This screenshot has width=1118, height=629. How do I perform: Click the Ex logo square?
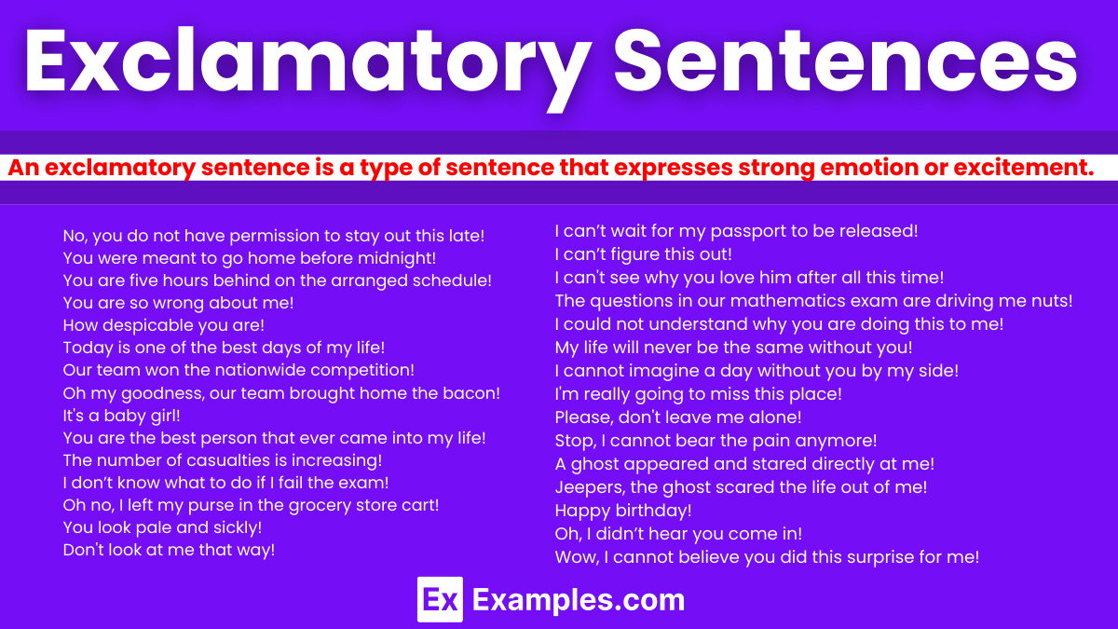(x=440, y=599)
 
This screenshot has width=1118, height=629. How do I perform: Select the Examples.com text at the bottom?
(x=579, y=599)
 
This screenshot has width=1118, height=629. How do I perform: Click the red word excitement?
(x=1020, y=169)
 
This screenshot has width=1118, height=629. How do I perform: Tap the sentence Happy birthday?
(x=623, y=511)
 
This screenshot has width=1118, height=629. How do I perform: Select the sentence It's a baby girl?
(x=121, y=416)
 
